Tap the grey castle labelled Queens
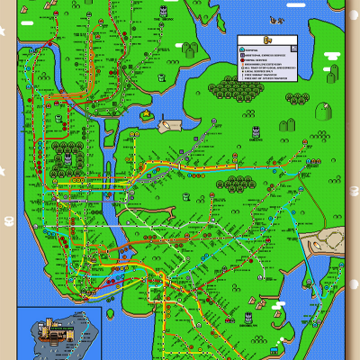tap(256, 132)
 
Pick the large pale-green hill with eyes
tap(291, 121)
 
